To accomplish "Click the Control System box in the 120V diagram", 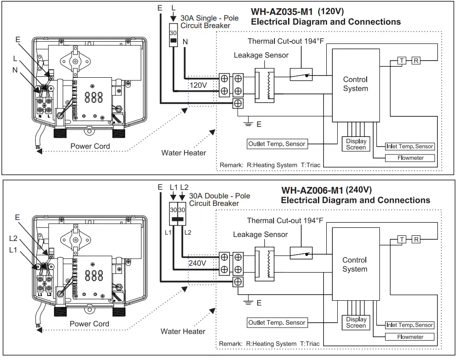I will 355,84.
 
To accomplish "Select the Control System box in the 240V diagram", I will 354,265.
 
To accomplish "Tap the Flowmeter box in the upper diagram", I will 410,158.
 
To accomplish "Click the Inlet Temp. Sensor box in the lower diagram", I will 409,325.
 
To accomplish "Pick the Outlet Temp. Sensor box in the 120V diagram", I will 277,144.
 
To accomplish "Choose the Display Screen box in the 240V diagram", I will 356,323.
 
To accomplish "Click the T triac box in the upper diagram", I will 401,61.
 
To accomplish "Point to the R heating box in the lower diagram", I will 415,239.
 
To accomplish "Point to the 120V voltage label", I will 198,84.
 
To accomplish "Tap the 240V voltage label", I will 197,263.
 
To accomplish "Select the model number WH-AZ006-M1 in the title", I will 312,191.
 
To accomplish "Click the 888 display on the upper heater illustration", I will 94,97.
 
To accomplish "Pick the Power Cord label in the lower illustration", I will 90,324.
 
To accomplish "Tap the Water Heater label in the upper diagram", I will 184,153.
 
